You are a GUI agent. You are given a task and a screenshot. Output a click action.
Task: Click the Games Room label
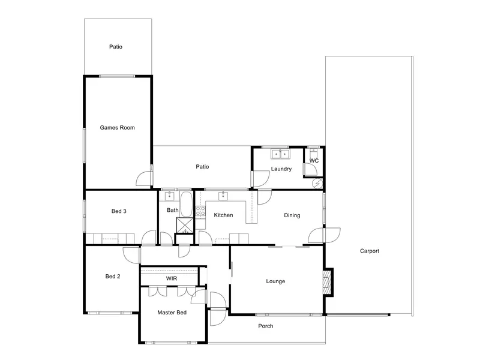(117, 128)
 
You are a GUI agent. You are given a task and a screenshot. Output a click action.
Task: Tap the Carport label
(370, 251)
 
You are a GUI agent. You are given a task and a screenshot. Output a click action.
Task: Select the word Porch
(265, 326)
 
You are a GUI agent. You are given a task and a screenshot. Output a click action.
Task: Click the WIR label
(172, 278)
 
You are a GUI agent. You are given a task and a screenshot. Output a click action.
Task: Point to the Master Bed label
(172, 313)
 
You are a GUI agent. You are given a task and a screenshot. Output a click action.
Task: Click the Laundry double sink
(280, 154)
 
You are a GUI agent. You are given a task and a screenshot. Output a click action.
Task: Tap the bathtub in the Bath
(186, 204)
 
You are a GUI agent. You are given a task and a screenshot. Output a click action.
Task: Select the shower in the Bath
(185, 226)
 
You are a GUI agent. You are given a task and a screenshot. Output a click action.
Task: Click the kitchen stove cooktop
(200, 211)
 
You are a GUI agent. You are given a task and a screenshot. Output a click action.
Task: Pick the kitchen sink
(223, 196)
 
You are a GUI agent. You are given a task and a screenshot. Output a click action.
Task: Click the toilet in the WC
(314, 153)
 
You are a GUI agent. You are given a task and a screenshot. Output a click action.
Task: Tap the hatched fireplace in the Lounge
(328, 281)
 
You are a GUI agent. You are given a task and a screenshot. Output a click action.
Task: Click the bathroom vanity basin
(170, 196)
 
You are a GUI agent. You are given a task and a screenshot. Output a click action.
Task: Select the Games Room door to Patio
(145, 178)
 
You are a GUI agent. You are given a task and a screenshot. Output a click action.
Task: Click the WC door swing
(310, 169)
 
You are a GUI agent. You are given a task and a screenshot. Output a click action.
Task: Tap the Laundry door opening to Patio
(260, 179)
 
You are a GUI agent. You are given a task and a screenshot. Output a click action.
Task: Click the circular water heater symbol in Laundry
(317, 184)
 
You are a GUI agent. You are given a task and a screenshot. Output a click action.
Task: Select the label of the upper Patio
(116, 47)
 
